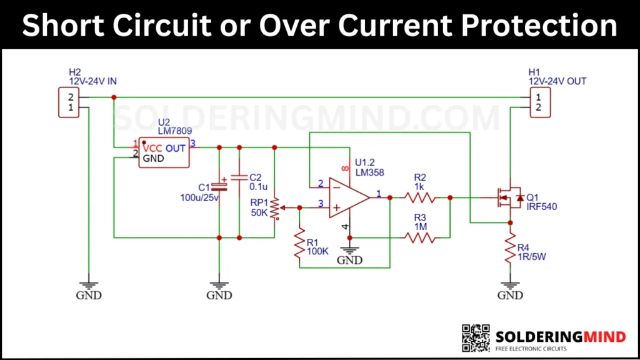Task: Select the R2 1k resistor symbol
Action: pos(419,197)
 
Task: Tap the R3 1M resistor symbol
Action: pos(419,237)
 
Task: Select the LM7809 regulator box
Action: pos(164,153)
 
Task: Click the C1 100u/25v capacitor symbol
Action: pos(219,186)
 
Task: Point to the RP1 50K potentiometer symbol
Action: pos(275,207)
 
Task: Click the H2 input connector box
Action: pos(70,102)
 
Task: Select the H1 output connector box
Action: pos(536,102)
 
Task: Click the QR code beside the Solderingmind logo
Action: pos(476,338)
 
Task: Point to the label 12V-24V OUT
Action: pos(557,81)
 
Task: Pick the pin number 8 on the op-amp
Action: pos(344,167)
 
